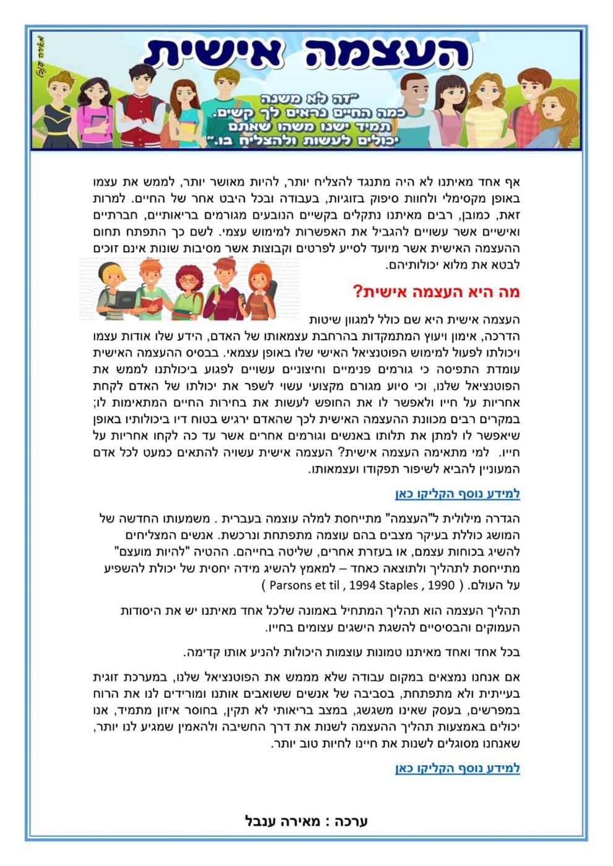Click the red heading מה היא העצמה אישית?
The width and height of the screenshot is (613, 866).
[436, 292]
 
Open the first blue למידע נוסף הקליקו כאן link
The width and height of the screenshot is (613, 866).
[457, 494]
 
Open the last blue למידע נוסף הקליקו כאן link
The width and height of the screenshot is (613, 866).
[457, 768]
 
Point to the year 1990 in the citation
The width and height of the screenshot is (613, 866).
[441, 585]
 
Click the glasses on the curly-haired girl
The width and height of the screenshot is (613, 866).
[189, 280]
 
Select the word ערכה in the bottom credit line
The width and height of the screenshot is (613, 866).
[351, 821]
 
